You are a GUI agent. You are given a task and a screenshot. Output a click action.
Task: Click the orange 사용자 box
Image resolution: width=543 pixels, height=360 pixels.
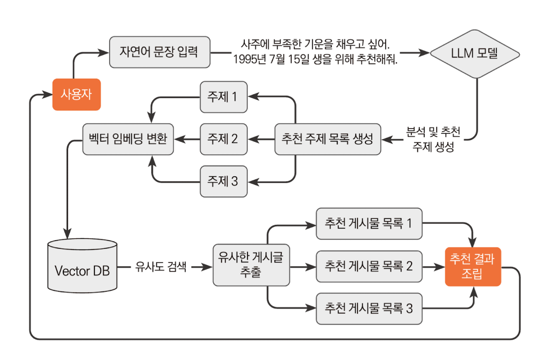tap(76, 94)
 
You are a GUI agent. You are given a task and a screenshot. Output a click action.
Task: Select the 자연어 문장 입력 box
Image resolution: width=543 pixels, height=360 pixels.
tap(159, 51)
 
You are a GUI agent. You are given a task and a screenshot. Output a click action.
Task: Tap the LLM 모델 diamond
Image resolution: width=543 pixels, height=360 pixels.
tap(474, 54)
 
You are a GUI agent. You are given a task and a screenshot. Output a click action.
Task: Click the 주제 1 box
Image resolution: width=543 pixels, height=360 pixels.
tap(223, 97)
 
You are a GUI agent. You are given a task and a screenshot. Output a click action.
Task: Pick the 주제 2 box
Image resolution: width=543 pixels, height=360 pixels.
tap(223, 139)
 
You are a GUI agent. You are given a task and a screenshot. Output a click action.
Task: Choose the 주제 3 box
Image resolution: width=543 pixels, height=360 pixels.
tap(223, 181)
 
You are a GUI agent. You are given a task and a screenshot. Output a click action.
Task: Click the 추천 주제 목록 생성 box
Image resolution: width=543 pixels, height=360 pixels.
tap(327, 139)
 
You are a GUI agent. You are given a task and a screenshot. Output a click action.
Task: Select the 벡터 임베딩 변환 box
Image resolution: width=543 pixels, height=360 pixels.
tap(128, 139)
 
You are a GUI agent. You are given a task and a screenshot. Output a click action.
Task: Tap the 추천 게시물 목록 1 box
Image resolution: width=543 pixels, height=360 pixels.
tap(369, 223)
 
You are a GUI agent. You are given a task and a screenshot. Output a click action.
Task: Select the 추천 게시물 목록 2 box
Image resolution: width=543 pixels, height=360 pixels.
tap(369, 267)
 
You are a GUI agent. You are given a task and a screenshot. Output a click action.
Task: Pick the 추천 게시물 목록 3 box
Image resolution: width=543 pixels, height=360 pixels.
tap(369, 308)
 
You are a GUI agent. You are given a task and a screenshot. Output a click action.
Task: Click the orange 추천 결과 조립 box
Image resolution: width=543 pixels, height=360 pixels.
tap(472, 267)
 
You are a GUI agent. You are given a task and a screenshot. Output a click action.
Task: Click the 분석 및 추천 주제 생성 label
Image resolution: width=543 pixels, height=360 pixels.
tap(433, 139)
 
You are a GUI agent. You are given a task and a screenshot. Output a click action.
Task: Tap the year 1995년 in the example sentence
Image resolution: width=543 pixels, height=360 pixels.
tap(247, 60)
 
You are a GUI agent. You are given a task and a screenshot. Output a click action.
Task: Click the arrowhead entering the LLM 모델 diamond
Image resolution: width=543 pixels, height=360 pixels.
tap(425, 53)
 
